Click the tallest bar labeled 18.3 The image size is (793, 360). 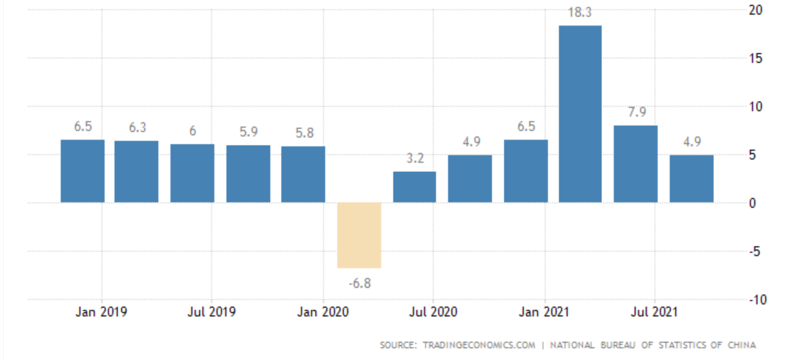(x=580, y=113)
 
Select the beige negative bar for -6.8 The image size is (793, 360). (x=359, y=235)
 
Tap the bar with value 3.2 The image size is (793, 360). (x=414, y=187)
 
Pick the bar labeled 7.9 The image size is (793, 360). (x=635, y=163)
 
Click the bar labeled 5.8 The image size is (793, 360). (x=303, y=174)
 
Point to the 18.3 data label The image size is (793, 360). (x=580, y=12)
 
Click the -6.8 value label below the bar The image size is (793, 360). (x=358, y=282)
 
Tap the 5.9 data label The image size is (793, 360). (x=248, y=132)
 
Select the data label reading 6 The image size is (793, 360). (x=192, y=131)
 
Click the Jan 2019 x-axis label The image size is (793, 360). (x=102, y=312)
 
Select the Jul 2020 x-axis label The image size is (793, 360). (x=433, y=312)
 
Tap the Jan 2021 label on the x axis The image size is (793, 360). (x=544, y=312)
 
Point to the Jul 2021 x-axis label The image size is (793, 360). (x=653, y=312)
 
